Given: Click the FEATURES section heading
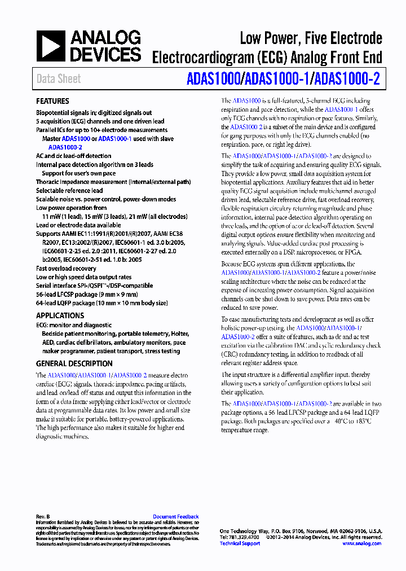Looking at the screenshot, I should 52,101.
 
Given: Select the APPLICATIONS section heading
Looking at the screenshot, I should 60,315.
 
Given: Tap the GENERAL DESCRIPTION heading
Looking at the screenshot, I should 74,364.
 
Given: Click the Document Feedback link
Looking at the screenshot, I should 175,516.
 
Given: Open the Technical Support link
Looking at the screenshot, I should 240,543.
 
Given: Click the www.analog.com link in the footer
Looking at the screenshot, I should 361,543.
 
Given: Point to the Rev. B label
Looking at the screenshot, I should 43,516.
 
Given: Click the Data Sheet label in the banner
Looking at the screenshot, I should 59,79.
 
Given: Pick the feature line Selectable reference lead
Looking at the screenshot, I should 69,191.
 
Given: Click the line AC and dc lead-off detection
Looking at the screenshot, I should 73,156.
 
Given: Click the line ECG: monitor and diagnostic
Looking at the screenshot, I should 74,325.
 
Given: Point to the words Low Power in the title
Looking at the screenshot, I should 268,39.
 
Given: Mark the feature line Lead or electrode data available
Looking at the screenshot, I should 78,225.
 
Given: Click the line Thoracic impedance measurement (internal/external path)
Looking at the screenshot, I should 113,182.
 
